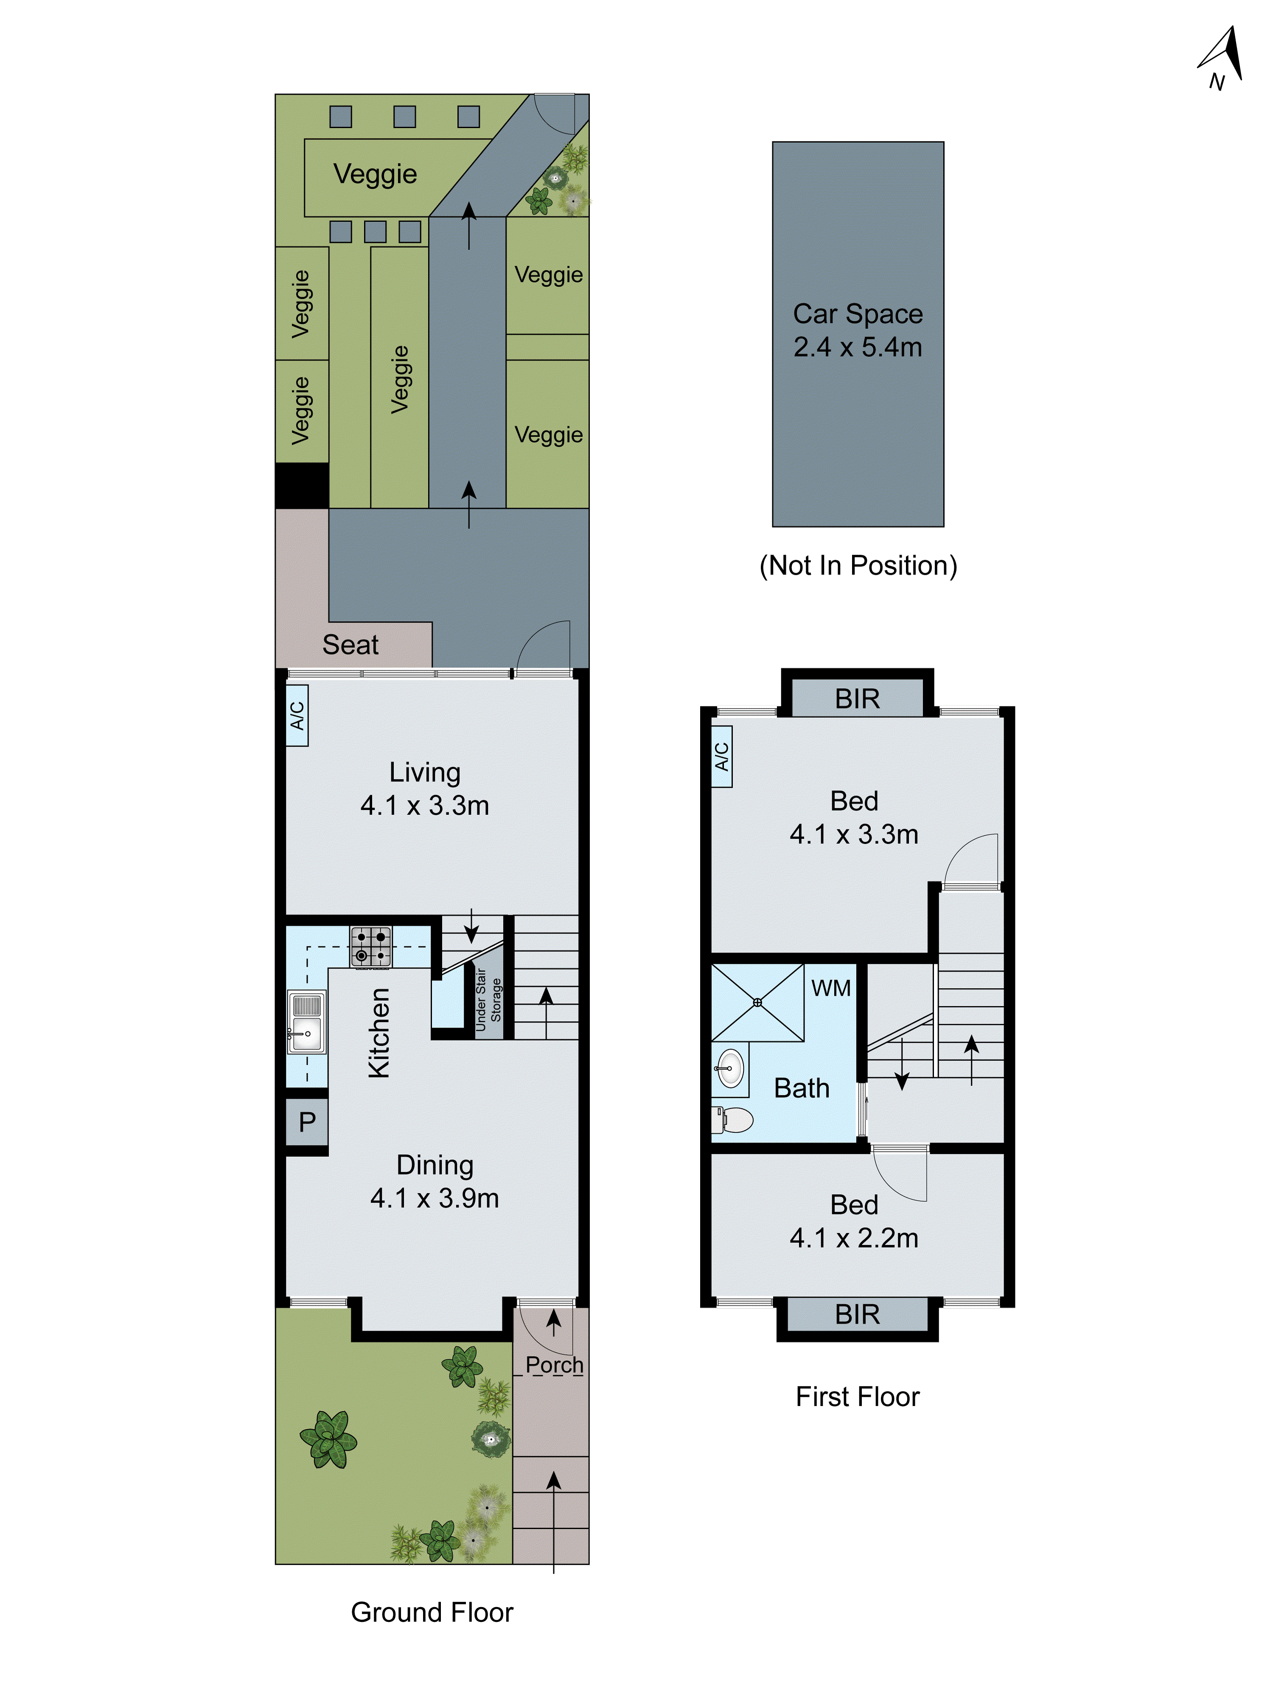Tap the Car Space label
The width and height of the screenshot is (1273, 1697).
click(x=857, y=314)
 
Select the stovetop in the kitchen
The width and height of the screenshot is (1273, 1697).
click(x=370, y=946)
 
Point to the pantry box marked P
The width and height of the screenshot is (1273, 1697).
click(x=307, y=1122)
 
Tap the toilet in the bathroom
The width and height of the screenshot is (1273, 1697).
click(x=733, y=1119)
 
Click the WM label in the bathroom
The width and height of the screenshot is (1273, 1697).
click(x=830, y=988)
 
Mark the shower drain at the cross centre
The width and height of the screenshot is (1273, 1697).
click(x=757, y=1002)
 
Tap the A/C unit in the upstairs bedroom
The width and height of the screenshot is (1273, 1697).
click(x=721, y=756)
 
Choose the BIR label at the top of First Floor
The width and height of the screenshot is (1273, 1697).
click(x=857, y=699)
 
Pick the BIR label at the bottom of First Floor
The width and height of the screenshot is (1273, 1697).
click(x=857, y=1314)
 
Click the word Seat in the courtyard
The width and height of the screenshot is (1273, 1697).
click(x=350, y=644)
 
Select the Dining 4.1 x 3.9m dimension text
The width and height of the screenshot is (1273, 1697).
click(x=435, y=1198)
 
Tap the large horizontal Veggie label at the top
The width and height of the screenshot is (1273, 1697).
click(x=375, y=174)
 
